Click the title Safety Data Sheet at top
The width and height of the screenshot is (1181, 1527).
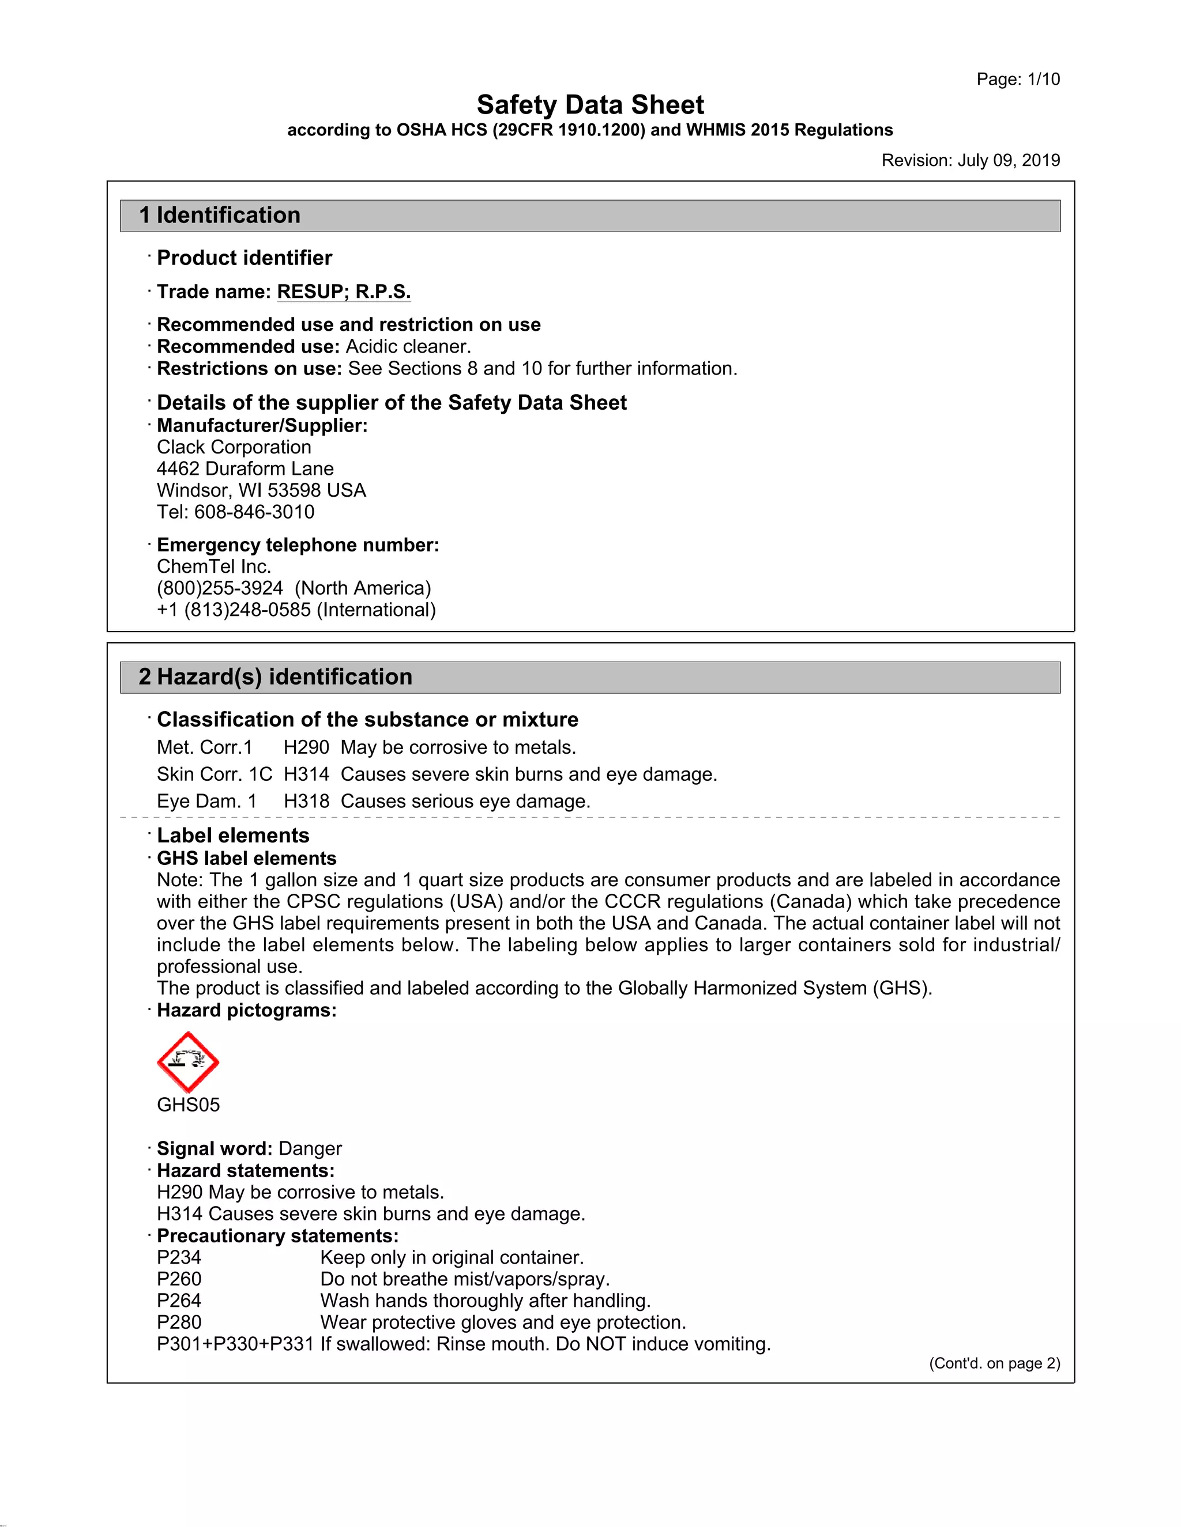(x=590, y=105)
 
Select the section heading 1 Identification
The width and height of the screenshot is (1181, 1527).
(x=220, y=216)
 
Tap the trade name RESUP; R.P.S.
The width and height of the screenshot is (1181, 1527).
(x=344, y=292)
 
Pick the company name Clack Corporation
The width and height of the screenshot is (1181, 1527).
(x=234, y=448)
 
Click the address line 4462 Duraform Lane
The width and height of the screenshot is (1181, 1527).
(x=245, y=469)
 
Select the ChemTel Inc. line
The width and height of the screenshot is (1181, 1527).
(x=213, y=567)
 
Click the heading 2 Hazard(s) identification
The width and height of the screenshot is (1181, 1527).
(x=275, y=677)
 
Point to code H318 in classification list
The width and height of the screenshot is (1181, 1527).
(x=306, y=802)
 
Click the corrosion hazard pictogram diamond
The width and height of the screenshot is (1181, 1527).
(x=187, y=1062)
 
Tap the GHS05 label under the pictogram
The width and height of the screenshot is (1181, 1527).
(x=187, y=1105)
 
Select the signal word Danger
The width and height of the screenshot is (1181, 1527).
(x=310, y=1149)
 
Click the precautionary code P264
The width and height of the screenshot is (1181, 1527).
(x=179, y=1301)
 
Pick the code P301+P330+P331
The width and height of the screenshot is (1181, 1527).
(x=235, y=1344)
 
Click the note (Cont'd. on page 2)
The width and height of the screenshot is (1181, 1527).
(x=994, y=1364)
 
